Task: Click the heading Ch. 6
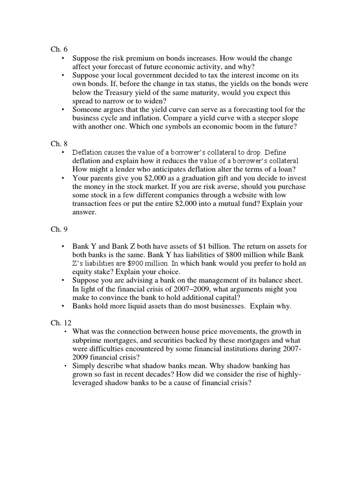tap(58, 49)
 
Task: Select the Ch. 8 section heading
tap(58, 143)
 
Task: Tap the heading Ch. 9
tap(58, 229)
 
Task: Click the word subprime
tap(87, 341)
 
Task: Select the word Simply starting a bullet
tap(83, 366)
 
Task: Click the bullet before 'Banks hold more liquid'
tap(63, 306)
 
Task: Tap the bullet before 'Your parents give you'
tap(63, 178)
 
